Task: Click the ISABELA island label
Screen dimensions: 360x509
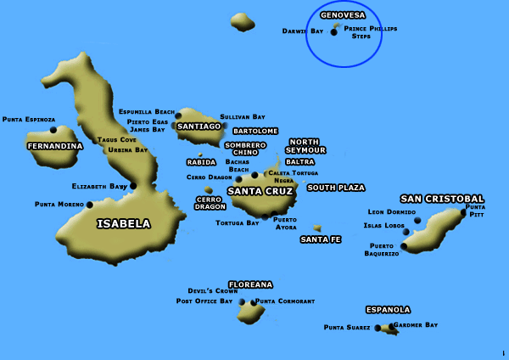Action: [124, 224]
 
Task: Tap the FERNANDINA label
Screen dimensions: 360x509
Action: [55, 146]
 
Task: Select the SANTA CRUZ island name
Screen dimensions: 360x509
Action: [260, 191]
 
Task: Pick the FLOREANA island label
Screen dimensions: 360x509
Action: [250, 284]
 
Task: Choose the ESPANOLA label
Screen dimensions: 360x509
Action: [388, 310]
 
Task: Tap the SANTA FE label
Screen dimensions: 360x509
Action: [321, 240]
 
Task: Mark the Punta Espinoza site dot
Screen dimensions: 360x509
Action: [53, 130]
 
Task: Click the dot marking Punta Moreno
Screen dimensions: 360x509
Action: [90, 205]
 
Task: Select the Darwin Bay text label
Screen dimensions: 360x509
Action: [303, 31]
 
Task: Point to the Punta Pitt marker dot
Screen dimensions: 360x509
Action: [463, 212]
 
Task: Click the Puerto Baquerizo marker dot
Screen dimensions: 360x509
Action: [404, 247]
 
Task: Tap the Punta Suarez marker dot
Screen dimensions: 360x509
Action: [378, 327]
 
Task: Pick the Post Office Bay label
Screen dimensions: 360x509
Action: [204, 301]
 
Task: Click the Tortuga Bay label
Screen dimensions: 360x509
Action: [238, 222]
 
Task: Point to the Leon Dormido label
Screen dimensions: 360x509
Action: [391, 211]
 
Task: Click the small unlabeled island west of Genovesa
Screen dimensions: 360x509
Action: [243, 21]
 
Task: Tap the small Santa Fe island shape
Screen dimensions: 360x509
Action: [317, 228]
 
